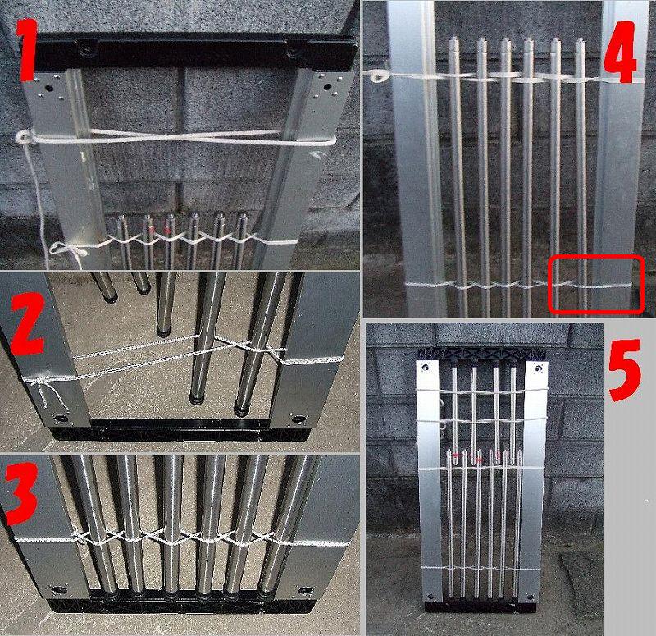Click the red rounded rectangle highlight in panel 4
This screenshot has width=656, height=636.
[596, 285]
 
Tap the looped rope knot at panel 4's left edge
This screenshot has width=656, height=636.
[378, 75]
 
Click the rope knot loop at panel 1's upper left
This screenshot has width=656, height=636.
[25, 137]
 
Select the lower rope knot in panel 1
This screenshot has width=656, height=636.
[69, 250]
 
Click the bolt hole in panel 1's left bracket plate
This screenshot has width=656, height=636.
[48, 89]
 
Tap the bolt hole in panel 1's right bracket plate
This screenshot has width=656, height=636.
[327, 88]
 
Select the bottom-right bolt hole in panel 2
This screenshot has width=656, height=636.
[299, 419]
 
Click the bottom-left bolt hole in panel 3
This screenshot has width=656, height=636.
[59, 590]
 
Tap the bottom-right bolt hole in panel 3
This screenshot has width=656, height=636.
[304, 591]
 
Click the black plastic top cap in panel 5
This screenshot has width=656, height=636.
[482, 355]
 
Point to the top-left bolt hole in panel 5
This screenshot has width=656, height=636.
[426, 367]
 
